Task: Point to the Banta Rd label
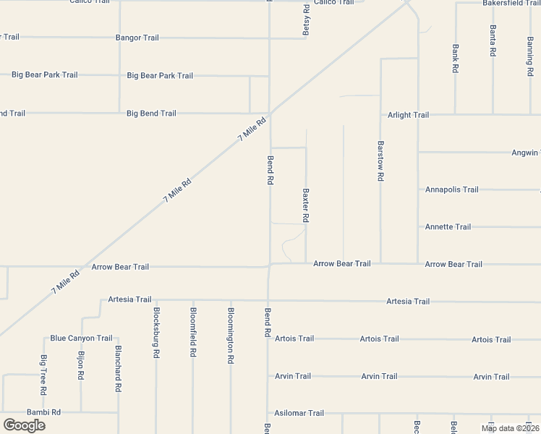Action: point(493,41)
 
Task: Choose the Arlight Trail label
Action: point(408,114)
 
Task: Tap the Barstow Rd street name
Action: point(380,161)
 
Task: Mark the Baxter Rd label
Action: point(306,206)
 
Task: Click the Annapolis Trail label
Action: point(451,190)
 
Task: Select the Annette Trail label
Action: point(448,227)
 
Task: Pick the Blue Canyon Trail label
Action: point(81,338)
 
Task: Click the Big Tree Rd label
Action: point(44,375)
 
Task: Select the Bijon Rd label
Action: point(81,367)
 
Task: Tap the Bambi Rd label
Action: point(43,412)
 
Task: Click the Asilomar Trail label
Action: point(299,413)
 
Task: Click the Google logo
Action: point(24,425)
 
